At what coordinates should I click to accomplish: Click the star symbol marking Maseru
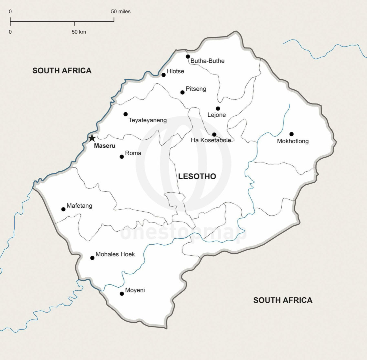click(x=92, y=138)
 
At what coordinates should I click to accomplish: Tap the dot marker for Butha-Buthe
click(x=188, y=57)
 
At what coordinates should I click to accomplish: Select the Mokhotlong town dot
click(x=291, y=134)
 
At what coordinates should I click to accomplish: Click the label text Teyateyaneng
click(x=147, y=120)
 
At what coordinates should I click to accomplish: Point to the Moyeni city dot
click(x=122, y=294)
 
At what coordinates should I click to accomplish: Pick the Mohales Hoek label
click(x=115, y=254)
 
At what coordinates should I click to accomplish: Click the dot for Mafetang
click(x=63, y=209)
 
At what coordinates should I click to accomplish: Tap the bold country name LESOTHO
click(x=197, y=177)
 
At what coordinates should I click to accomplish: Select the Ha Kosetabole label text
click(x=211, y=140)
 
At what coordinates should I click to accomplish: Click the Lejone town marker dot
click(x=218, y=108)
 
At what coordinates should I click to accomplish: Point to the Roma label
click(x=133, y=153)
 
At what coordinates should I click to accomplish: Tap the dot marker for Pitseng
click(x=182, y=92)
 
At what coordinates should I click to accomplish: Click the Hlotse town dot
click(x=163, y=75)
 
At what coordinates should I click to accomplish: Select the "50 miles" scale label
click(x=121, y=12)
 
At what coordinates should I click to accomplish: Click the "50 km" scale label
click(x=79, y=32)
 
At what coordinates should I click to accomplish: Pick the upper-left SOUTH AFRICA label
click(x=62, y=71)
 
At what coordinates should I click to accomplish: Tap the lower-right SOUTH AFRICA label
click(x=283, y=300)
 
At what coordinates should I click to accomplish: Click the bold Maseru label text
click(x=104, y=146)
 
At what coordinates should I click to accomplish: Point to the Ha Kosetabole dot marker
click(x=214, y=134)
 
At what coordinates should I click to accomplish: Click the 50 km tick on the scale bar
click(x=75, y=23)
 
